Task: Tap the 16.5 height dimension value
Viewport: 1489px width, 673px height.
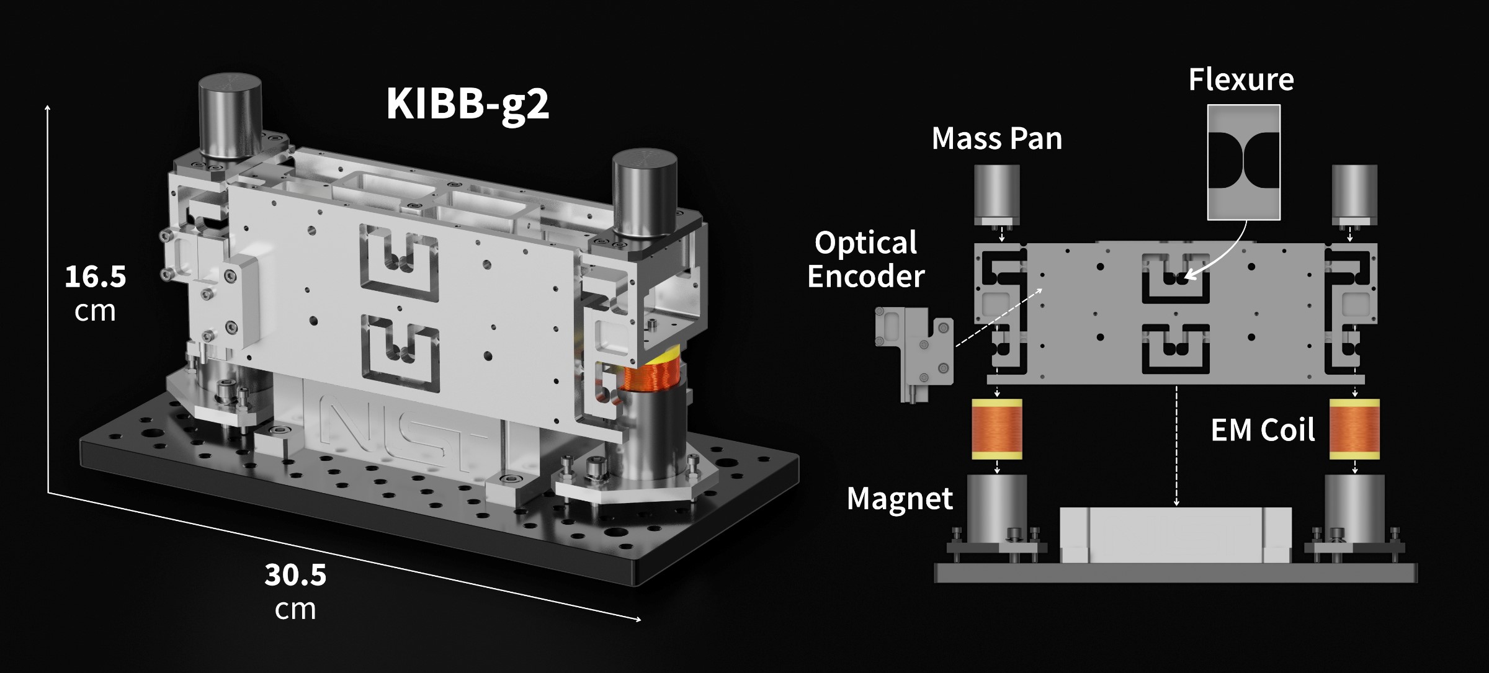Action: click(95, 277)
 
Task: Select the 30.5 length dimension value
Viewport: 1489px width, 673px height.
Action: click(295, 575)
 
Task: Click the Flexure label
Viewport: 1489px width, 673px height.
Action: click(1241, 80)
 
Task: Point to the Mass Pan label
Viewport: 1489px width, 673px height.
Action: click(996, 138)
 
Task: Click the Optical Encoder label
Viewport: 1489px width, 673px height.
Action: click(865, 259)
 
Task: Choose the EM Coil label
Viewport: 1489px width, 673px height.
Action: click(1263, 430)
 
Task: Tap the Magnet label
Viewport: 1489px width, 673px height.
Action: click(900, 498)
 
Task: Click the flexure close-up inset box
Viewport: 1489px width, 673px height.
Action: click(1244, 162)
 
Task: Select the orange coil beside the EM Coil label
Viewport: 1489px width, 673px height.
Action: click(1355, 429)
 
